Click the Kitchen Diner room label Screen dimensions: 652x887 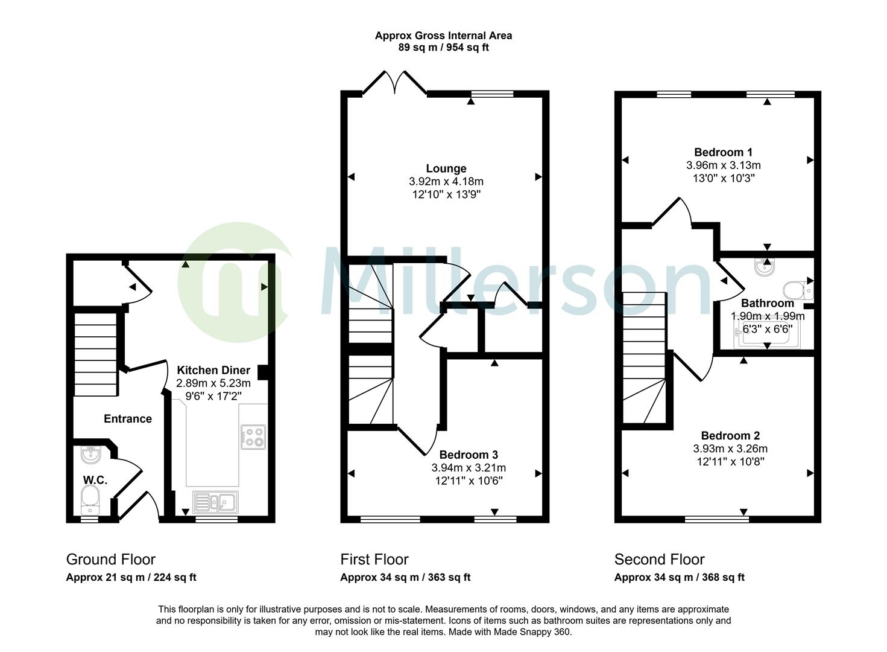click(213, 370)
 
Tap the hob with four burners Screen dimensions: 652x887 click(253, 437)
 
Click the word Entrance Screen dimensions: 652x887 click(128, 418)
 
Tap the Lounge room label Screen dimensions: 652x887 click(446, 168)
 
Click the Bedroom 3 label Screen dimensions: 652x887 click(469, 455)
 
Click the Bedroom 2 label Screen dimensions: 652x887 click(730, 435)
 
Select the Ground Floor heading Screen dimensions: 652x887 click(110, 559)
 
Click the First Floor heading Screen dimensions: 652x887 click(374, 559)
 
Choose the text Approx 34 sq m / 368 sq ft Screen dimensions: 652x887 click(679, 577)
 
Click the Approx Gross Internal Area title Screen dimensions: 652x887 click(443, 36)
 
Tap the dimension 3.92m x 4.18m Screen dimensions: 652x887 click(446, 181)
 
